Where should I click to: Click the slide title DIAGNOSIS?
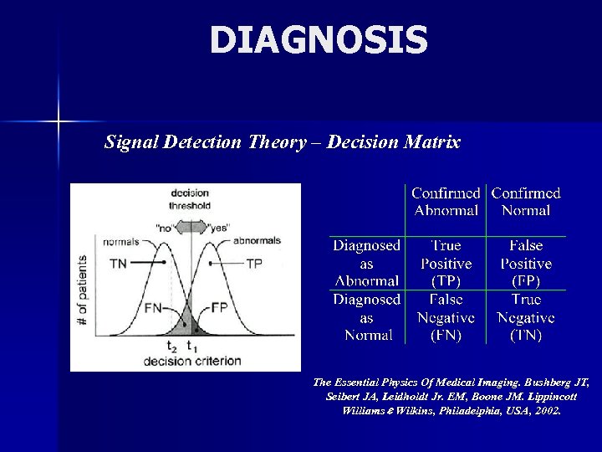click(x=319, y=40)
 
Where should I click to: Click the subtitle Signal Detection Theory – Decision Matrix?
click(x=283, y=142)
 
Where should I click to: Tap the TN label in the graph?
click(x=119, y=263)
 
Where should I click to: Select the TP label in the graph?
click(x=255, y=263)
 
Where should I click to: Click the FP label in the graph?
click(x=220, y=307)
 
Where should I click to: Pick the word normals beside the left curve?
click(x=120, y=242)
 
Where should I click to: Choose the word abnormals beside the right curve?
click(x=257, y=241)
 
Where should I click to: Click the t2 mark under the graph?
click(x=172, y=346)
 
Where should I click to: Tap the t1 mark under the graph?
click(x=192, y=346)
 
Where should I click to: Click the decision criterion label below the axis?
click(x=191, y=362)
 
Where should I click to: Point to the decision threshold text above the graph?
click(x=190, y=198)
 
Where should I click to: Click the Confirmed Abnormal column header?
click(x=446, y=202)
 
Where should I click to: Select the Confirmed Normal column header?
click(x=526, y=202)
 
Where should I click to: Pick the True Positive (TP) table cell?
click(x=446, y=263)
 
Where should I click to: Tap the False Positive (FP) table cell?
click(x=526, y=263)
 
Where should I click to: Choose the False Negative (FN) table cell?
click(x=446, y=317)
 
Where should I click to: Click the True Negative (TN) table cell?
click(x=526, y=317)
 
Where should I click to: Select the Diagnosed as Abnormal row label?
click(x=367, y=263)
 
